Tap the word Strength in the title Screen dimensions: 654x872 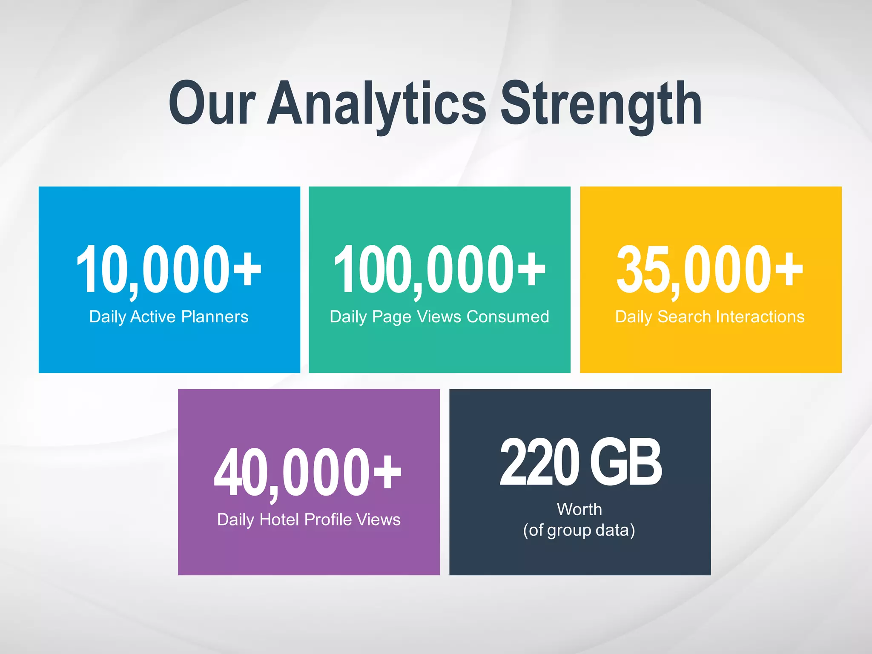(x=601, y=104)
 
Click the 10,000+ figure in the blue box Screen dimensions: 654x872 (x=169, y=270)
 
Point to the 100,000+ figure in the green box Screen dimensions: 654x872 (x=439, y=270)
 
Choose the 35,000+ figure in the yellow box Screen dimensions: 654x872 (x=710, y=270)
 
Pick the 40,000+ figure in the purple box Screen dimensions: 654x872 (x=308, y=473)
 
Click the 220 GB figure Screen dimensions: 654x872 (x=580, y=463)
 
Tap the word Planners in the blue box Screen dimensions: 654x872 (x=215, y=317)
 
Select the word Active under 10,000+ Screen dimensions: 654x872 (x=153, y=317)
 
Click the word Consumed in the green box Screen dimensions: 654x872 (x=508, y=317)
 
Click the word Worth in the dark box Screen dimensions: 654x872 (x=579, y=509)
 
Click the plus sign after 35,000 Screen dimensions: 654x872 (x=789, y=269)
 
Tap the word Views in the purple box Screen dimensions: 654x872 (x=378, y=519)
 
